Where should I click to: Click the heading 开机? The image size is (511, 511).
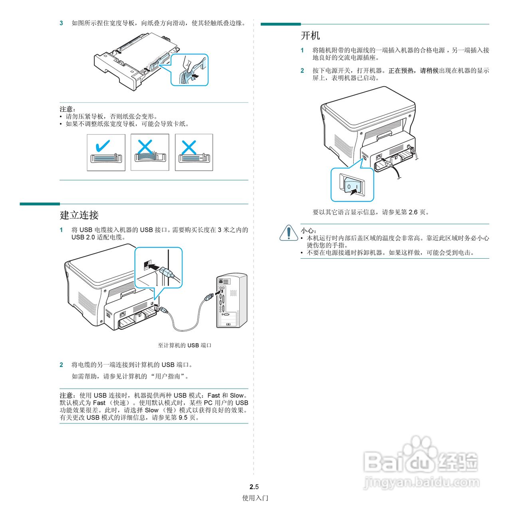310,36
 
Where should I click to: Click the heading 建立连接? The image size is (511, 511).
79,215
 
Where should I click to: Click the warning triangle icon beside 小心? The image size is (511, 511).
288,233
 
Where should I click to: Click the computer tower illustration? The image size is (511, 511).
232,301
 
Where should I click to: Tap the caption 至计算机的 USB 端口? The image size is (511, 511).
184,345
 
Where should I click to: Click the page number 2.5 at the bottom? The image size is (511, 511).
254,487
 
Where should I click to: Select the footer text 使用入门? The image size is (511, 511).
255,498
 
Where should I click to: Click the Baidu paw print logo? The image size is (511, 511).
419,451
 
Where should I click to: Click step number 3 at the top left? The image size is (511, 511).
61,23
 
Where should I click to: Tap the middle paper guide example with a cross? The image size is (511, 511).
150,152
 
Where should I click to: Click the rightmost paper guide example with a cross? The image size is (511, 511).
194,152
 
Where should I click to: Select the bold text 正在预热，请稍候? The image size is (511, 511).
413,71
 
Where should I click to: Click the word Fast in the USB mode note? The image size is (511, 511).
214,395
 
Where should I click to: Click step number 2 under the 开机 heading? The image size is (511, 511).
302,71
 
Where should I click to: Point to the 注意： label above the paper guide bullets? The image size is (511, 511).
67,109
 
